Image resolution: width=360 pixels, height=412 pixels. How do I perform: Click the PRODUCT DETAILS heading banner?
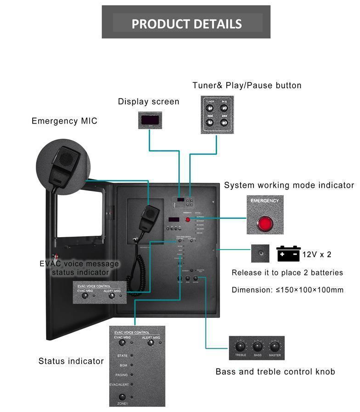[186, 23]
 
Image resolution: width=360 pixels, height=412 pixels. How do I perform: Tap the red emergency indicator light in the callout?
[265, 224]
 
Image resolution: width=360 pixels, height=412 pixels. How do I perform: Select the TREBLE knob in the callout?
[240, 346]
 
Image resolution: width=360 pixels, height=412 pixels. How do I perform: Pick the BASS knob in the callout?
[257, 346]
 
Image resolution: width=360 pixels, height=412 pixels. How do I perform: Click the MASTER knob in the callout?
[275, 346]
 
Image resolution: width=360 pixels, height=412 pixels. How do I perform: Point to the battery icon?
[288, 254]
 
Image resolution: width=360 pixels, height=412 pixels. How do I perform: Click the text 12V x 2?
[317, 254]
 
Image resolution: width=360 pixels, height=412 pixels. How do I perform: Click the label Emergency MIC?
[65, 121]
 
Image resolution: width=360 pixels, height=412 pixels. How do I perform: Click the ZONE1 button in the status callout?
[122, 397]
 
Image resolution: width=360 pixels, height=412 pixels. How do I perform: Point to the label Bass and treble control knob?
[275, 371]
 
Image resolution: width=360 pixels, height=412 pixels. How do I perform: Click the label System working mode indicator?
[289, 185]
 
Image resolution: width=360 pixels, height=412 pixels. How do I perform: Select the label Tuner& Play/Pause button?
[247, 85]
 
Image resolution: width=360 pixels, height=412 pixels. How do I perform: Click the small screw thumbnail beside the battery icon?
[260, 254]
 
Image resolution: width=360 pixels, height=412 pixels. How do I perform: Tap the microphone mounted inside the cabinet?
[149, 215]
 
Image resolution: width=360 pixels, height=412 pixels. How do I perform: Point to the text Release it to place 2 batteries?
[287, 273]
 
